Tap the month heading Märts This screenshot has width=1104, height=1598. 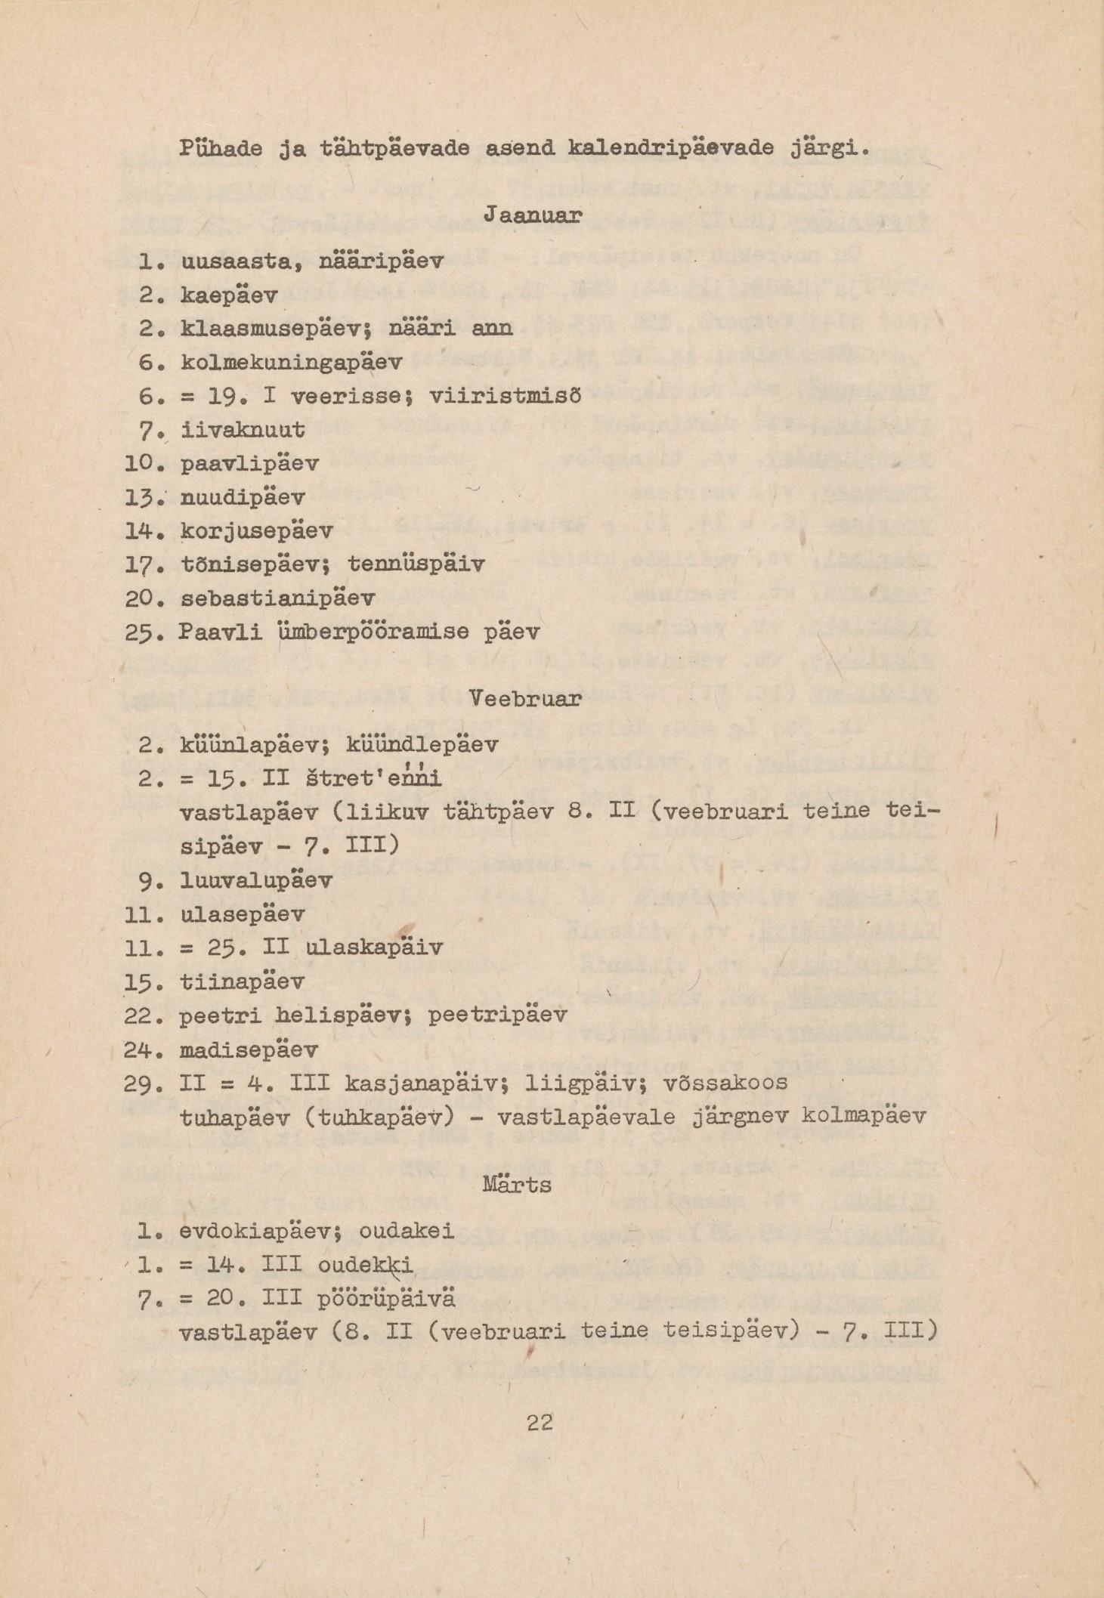click(517, 1184)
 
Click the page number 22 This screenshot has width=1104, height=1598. click(540, 1423)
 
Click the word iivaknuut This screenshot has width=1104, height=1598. click(243, 431)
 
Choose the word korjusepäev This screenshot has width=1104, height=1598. click(257, 531)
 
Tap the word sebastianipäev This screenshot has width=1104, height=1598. click(277, 598)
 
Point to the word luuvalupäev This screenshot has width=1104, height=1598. click(256, 881)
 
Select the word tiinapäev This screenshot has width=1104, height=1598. click(243, 982)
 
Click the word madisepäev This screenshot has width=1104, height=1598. click(249, 1050)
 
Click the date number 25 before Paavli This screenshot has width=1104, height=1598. click(139, 632)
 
